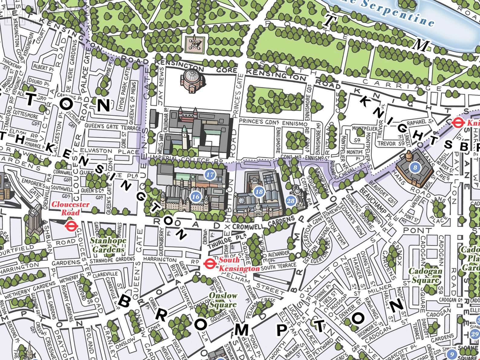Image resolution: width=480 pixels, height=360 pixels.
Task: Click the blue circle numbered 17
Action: tap(210, 174)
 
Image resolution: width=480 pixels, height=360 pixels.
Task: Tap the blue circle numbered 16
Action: tap(196, 197)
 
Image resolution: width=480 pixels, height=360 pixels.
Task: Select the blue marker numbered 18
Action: tap(259, 192)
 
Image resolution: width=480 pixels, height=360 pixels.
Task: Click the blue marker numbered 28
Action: tap(290, 201)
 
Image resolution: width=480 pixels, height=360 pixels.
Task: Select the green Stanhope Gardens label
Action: tap(108, 245)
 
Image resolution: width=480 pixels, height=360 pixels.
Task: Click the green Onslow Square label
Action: tap(223, 300)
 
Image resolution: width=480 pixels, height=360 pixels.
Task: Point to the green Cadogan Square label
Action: tap(425, 275)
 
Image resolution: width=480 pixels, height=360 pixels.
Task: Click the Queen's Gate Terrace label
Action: tap(112, 127)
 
